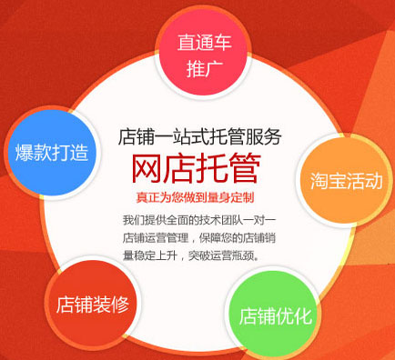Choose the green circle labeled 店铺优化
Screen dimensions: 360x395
274,315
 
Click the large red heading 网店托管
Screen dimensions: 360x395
196,168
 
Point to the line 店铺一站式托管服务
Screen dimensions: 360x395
200,136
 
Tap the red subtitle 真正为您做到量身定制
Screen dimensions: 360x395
196,197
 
